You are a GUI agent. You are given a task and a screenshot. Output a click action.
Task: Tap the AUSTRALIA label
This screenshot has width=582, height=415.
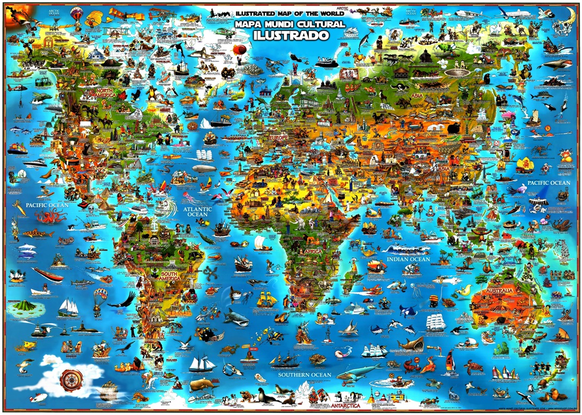tap(499, 291)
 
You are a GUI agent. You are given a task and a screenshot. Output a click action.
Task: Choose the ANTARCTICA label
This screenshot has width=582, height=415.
tap(349, 405)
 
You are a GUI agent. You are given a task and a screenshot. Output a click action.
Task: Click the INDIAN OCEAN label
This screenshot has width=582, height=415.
tap(408, 259)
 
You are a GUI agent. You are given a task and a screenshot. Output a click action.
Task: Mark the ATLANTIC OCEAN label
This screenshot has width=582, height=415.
tap(198, 212)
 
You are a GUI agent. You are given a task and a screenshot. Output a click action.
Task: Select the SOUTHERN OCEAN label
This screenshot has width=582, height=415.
tap(304, 375)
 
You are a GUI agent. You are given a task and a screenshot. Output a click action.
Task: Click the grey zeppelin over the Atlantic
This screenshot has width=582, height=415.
tap(204, 169)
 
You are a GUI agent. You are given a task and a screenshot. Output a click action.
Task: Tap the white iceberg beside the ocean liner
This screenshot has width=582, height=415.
tap(206, 124)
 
